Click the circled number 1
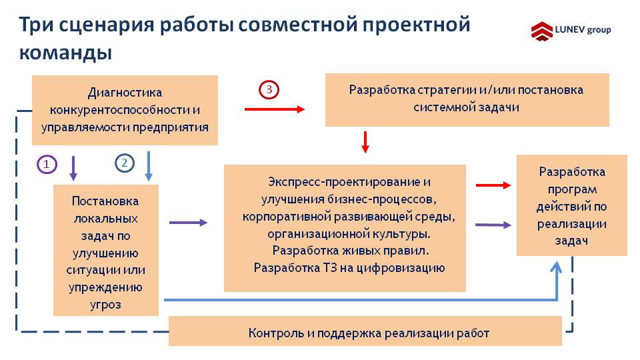(x=47, y=165)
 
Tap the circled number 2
(x=125, y=163)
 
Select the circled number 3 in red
(x=269, y=89)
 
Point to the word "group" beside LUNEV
(x=599, y=30)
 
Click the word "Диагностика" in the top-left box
(x=125, y=93)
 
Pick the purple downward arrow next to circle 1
(x=73, y=168)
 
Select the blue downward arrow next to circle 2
(x=149, y=166)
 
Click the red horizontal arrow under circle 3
(x=275, y=109)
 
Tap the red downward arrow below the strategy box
(x=365, y=142)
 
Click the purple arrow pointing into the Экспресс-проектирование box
(x=189, y=223)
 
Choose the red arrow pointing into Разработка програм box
(x=493, y=185)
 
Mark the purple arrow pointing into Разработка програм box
(x=493, y=225)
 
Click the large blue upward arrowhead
(x=556, y=268)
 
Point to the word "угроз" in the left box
(x=106, y=305)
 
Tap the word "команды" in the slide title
(x=66, y=53)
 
